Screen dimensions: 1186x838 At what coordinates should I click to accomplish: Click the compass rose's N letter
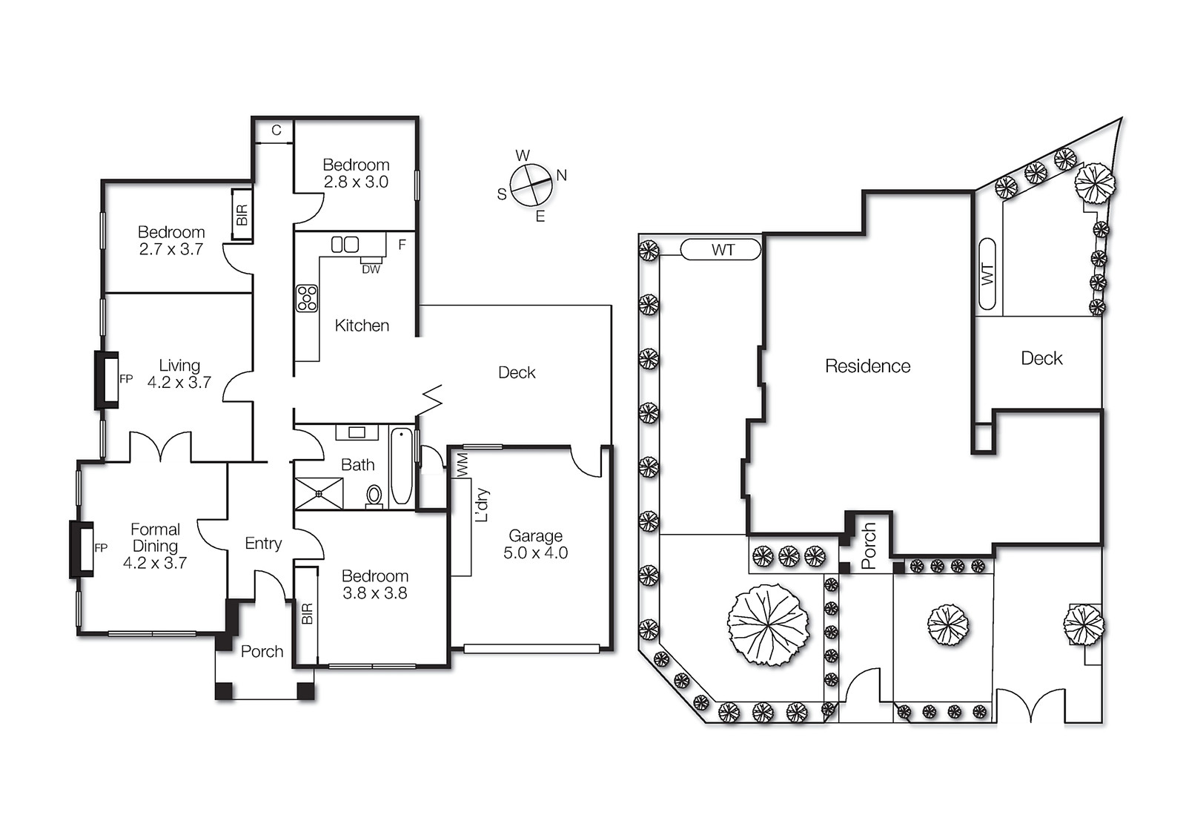562,175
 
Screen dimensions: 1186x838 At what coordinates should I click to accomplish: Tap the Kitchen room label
362,326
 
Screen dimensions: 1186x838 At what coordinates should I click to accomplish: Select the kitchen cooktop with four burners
307,298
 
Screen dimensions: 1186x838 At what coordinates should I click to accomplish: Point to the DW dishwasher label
371,270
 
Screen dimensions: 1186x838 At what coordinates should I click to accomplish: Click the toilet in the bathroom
374,496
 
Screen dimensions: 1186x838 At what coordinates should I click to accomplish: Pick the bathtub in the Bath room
401,466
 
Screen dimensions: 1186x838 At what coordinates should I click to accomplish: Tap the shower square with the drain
319,494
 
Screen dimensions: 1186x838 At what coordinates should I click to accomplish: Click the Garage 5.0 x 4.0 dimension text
535,552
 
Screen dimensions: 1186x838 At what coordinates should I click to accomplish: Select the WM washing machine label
463,464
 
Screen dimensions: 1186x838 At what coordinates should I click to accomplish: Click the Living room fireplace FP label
126,379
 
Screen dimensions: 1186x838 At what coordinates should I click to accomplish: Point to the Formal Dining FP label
101,548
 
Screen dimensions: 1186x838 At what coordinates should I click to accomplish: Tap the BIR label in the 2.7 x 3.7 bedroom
242,215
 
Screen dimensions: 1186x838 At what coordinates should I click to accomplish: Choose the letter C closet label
276,131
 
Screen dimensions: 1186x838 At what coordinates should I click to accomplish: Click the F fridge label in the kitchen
402,245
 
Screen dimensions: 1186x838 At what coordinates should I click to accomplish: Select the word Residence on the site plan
868,366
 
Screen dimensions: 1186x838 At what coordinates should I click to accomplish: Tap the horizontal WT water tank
720,249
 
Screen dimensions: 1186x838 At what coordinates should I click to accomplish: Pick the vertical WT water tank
987,274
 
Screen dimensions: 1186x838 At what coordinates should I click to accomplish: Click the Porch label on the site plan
869,546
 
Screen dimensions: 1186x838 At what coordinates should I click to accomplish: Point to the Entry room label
263,544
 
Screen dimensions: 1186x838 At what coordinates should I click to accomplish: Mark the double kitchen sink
345,244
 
